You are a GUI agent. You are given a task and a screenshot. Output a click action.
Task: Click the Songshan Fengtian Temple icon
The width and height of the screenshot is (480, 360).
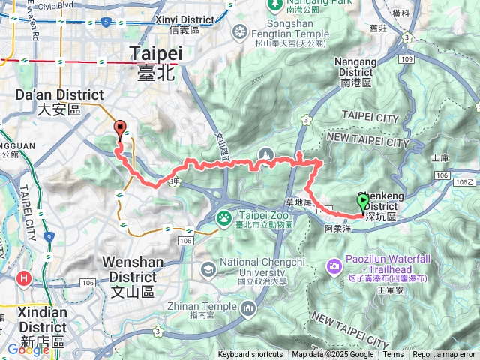pyautogui.click(x=239, y=32)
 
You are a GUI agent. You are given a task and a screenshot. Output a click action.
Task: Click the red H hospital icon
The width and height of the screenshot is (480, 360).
pyautogui.click(x=25, y=279)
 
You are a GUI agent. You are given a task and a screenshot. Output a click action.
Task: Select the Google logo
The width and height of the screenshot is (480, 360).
pyautogui.click(x=28, y=349)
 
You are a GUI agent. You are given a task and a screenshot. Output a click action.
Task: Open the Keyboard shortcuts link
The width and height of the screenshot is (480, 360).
pyautogui.click(x=250, y=355)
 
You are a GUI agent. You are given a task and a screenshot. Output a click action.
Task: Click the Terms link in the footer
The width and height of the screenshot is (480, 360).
pyautogui.click(x=393, y=355)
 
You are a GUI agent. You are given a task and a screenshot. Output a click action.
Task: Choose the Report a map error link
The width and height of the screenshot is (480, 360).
pyautogui.click(x=444, y=355)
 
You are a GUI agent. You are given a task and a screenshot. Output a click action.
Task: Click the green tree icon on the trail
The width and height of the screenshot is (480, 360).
pyautogui.click(x=265, y=154)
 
